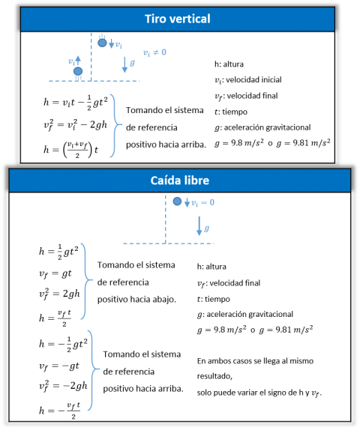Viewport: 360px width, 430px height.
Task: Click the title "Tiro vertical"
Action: [178, 19]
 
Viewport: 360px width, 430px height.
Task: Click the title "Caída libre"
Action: [180, 181]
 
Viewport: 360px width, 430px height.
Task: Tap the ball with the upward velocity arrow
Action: [78, 71]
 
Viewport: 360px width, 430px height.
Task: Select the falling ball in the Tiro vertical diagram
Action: [102, 43]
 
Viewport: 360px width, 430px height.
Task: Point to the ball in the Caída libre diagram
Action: [177, 202]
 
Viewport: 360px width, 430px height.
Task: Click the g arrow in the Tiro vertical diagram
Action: [124, 64]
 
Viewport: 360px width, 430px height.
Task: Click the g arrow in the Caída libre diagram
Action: [199, 226]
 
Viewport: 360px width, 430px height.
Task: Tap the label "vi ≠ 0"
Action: [154, 52]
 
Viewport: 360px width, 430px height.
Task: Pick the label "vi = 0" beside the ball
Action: [202, 203]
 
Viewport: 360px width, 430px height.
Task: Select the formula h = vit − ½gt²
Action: [75, 103]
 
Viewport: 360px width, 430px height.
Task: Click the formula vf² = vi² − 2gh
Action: [75, 125]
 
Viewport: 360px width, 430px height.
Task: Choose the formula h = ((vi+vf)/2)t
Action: [70, 150]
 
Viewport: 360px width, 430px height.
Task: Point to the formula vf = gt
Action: [55, 273]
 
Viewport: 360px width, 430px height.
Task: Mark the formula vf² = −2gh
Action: [63, 386]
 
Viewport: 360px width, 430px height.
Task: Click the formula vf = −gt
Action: [59, 366]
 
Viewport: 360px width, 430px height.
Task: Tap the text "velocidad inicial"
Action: [253, 80]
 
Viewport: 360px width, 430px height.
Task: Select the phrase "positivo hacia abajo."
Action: [136, 299]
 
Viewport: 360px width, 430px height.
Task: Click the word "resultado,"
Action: [214, 376]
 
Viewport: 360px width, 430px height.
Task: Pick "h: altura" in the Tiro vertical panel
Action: [229, 64]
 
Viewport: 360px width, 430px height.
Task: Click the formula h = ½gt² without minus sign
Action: [58, 252]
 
